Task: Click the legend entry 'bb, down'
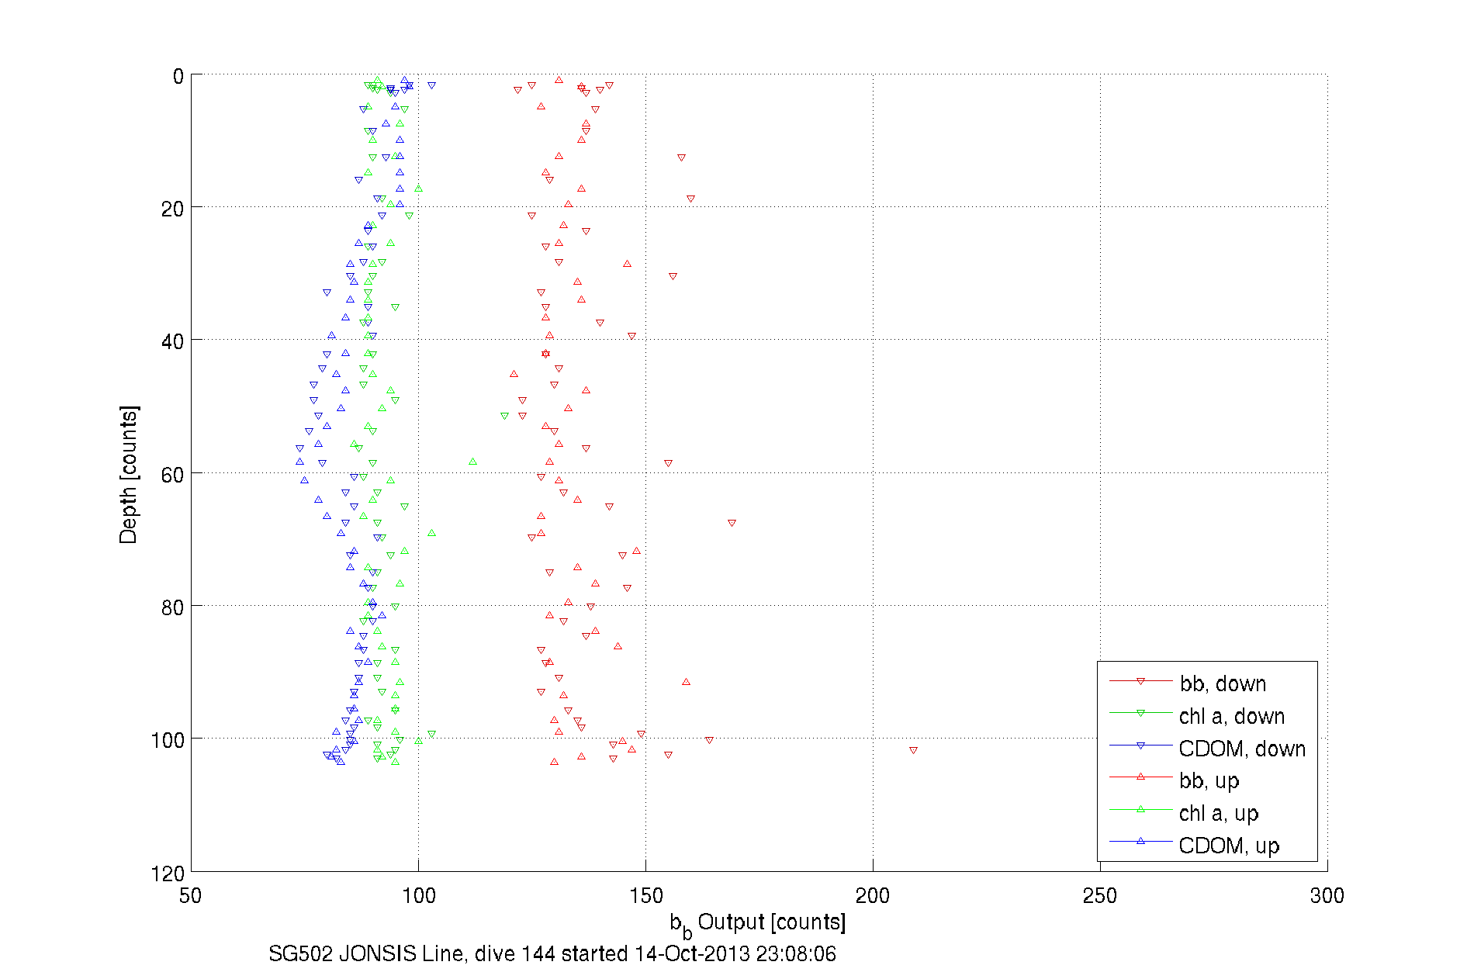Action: click(x=1223, y=683)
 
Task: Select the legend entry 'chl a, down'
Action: click(x=1231, y=716)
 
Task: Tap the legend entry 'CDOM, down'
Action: click(x=1241, y=749)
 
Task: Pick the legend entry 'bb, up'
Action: click(x=1209, y=780)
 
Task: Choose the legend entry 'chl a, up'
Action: click(x=1218, y=813)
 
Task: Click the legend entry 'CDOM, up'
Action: click(x=1228, y=846)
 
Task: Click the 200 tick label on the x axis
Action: click(x=873, y=896)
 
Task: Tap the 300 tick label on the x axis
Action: click(x=1327, y=896)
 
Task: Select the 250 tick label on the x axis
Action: click(x=1100, y=896)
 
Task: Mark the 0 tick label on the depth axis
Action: click(x=178, y=77)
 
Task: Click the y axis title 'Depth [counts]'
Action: click(x=128, y=474)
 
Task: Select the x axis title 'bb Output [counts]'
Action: click(x=758, y=923)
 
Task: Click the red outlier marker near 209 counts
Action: click(x=913, y=750)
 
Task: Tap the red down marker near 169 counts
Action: click(x=732, y=523)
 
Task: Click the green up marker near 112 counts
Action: click(x=472, y=462)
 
